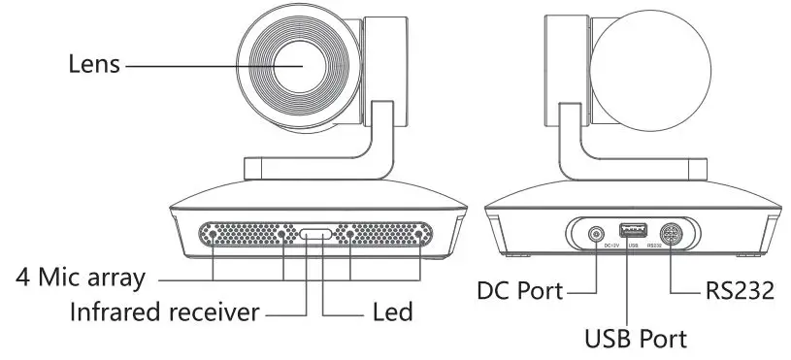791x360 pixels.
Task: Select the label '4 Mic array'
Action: tap(80, 278)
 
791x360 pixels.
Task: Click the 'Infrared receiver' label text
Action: tap(164, 313)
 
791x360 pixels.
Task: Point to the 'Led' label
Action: tap(393, 313)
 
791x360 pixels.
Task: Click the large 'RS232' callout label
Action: tap(738, 290)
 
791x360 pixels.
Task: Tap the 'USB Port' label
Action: tap(636, 339)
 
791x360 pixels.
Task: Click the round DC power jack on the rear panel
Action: tap(596, 233)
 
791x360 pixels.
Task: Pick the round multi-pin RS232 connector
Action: tap(671, 233)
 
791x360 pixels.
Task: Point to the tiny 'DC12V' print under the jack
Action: tap(611, 245)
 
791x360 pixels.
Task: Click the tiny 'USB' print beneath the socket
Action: tap(633, 245)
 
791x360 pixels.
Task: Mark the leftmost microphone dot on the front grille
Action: tap(214, 234)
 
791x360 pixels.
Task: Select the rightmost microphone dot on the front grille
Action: tap(419, 234)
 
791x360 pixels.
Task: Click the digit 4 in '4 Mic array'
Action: tap(22, 278)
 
